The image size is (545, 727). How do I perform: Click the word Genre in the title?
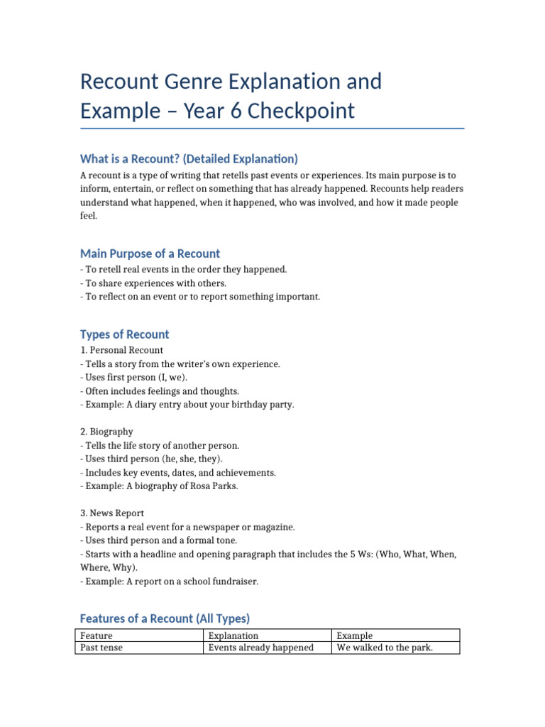[x=201, y=82]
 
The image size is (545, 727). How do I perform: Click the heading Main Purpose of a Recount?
[x=150, y=253]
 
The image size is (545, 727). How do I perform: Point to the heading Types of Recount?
[x=124, y=334]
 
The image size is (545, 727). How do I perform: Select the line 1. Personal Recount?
[x=121, y=350]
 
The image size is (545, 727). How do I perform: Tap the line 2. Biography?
[x=106, y=432]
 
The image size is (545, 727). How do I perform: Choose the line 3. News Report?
[x=112, y=513]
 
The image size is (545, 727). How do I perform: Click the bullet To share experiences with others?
[x=146, y=283]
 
